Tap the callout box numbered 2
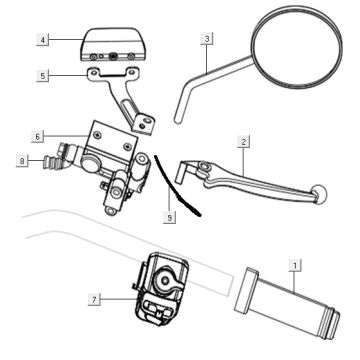click(x=243, y=143)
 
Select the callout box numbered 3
click(x=205, y=39)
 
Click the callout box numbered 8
click(x=22, y=159)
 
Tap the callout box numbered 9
click(x=170, y=214)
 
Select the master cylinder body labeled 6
click(x=110, y=150)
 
